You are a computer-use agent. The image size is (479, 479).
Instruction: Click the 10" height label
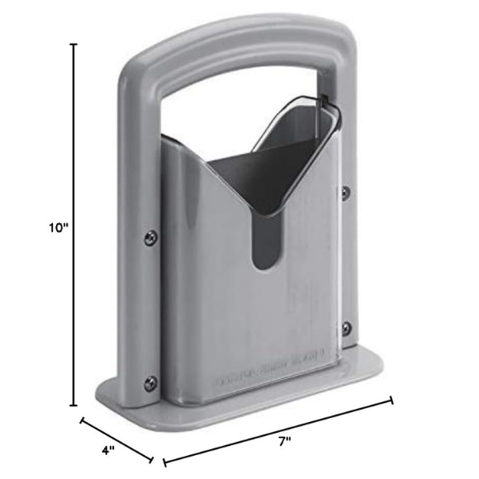tap(58, 229)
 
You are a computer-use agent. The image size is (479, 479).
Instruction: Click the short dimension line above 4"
tap(116, 440)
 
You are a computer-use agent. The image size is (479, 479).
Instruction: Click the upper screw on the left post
tap(149, 237)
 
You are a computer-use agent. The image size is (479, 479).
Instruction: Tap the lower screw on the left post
tap(149, 382)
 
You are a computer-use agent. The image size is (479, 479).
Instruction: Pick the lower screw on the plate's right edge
tap(345, 328)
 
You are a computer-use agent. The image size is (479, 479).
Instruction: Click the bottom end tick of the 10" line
tap(75, 405)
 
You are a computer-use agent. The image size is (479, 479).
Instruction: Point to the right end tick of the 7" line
tap(392, 401)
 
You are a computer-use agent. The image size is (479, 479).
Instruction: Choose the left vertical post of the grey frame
tap(136, 248)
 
